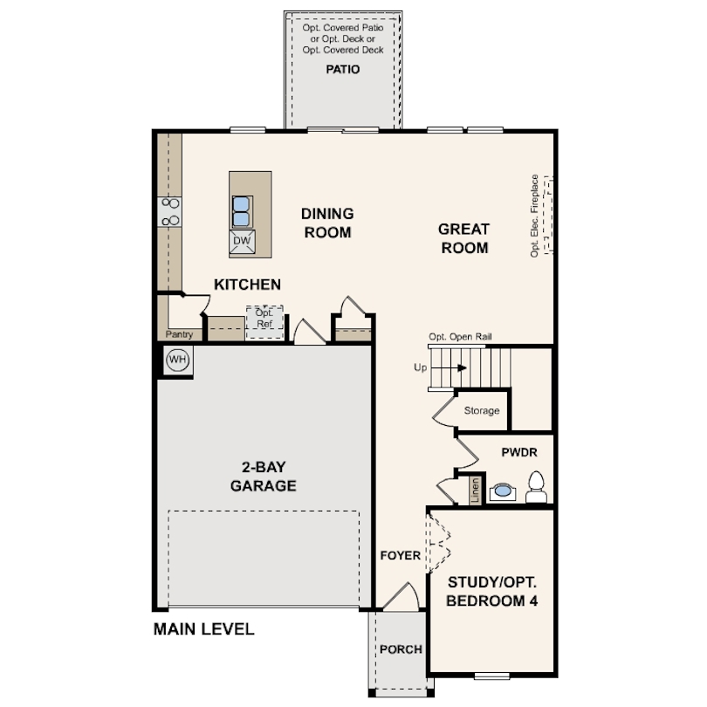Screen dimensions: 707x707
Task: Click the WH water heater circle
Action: click(177, 359)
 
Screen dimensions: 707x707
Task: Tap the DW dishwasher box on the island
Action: click(242, 243)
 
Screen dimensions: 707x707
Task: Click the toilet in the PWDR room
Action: click(537, 487)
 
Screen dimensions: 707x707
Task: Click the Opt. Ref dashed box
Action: click(264, 320)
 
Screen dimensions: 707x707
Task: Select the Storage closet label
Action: click(482, 410)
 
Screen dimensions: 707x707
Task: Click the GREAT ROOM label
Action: click(463, 238)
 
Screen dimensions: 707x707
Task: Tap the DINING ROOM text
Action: click(327, 223)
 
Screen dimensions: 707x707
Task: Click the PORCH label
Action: click(401, 649)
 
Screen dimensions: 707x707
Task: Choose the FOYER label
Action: click(401, 555)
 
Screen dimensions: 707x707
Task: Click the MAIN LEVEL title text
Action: click(203, 628)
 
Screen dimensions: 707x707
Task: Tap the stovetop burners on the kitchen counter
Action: click(169, 213)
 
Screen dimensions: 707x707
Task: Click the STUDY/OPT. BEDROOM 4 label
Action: click(492, 592)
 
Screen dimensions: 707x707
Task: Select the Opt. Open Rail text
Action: click(462, 337)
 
